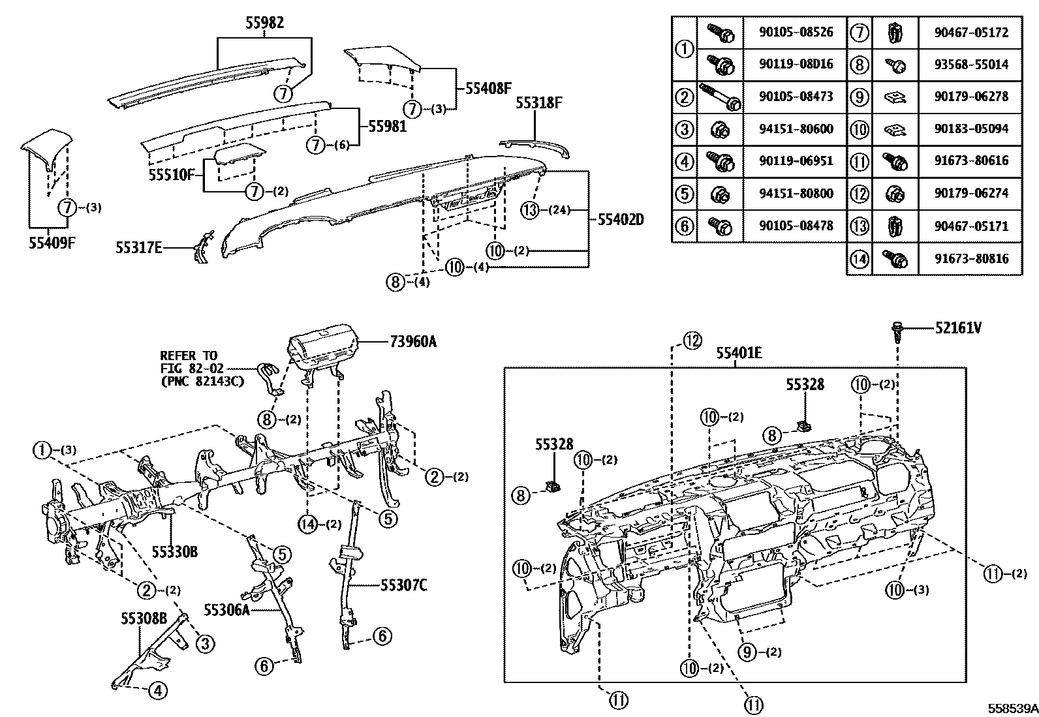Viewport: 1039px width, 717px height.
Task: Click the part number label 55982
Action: pyautogui.click(x=264, y=23)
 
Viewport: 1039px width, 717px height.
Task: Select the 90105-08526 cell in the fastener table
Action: pyautogui.click(x=796, y=32)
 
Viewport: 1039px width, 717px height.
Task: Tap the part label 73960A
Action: pyautogui.click(x=412, y=341)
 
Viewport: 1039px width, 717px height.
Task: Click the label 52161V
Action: pyautogui.click(x=957, y=328)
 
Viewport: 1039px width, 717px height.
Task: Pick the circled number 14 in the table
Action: pyautogui.click(x=860, y=258)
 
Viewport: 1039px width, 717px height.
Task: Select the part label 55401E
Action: pyautogui.click(x=738, y=353)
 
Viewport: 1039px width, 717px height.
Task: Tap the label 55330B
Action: pyautogui.click(x=174, y=552)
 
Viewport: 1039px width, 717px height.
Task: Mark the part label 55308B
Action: pyautogui.click(x=144, y=617)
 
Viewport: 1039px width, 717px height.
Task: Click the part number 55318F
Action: pyautogui.click(x=538, y=102)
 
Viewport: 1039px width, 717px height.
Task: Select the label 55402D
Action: pyautogui.click(x=621, y=220)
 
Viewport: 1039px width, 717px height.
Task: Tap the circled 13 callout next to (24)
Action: pyautogui.click(x=531, y=209)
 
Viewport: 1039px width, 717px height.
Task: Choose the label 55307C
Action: pyautogui.click(x=404, y=585)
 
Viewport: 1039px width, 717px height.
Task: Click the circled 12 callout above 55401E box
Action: pyautogui.click(x=691, y=340)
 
